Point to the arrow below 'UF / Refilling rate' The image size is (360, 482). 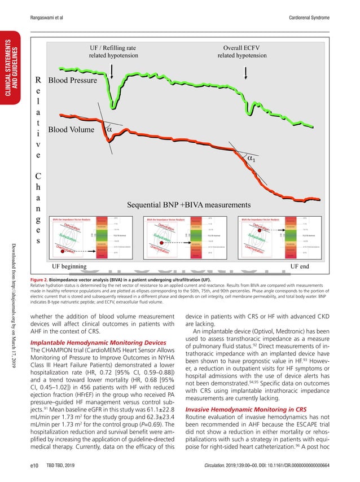click(117, 71)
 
